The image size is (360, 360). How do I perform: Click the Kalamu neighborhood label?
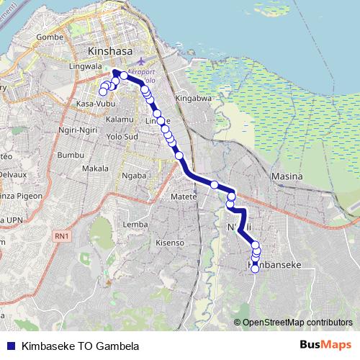pyautogui.click(x=120, y=118)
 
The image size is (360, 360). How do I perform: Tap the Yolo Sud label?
pyautogui.click(x=121, y=135)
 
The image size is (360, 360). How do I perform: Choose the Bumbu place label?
pyautogui.click(x=71, y=155)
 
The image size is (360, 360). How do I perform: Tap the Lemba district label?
pyautogui.click(x=135, y=225)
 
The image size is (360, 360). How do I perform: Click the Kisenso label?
pyautogui.click(x=170, y=243)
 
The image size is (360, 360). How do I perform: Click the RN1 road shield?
pyautogui.click(x=63, y=235)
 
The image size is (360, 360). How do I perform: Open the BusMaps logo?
pyautogui.click(x=323, y=345)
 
